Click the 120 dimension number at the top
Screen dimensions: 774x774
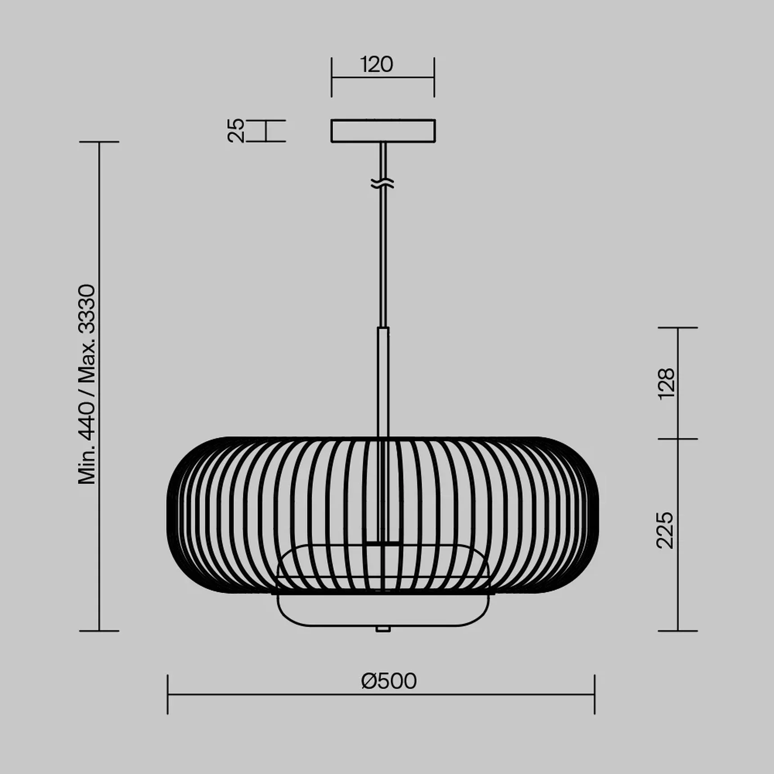tap(377, 65)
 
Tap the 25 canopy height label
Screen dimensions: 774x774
tap(236, 130)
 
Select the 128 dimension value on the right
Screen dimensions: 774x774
tap(666, 383)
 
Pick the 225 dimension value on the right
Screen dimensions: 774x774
tap(666, 530)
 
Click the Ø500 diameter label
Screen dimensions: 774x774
tap(389, 681)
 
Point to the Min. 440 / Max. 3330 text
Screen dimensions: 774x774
tap(87, 384)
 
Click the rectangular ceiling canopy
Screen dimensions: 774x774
tap(383, 130)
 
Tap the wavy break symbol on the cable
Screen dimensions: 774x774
tap(383, 183)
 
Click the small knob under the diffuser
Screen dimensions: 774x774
tap(382, 629)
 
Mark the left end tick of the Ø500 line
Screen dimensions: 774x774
tap(168, 694)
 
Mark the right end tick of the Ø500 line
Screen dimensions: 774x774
tap(594, 694)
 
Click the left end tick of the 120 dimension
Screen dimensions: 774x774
tap(332, 77)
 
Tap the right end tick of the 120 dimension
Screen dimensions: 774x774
tap(434, 77)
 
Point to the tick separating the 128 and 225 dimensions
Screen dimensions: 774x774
tap(678, 439)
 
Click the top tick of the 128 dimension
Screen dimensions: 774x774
tap(678, 328)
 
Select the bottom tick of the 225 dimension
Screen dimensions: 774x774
tap(678, 631)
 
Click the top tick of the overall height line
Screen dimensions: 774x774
tap(99, 142)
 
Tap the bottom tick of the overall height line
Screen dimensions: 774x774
tap(99, 631)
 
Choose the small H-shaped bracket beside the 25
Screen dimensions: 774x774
tap(266, 131)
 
